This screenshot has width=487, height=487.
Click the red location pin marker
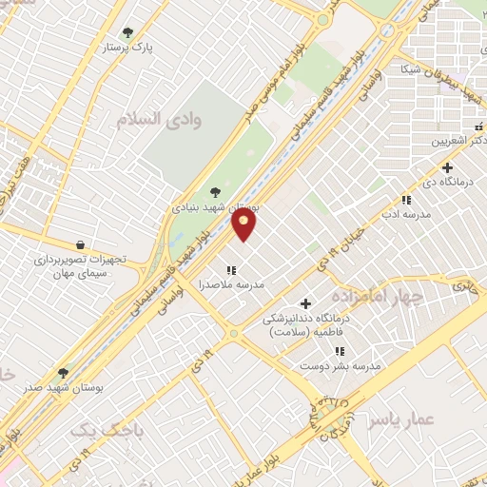click(244, 224)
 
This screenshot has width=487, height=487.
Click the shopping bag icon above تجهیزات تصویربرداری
click(79, 244)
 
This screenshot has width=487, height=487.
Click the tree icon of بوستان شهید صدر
click(64, 373)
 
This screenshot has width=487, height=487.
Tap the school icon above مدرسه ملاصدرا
click(231, 269)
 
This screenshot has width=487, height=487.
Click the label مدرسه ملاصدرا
click(231, 284)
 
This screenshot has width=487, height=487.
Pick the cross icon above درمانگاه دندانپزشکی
click(305, 303)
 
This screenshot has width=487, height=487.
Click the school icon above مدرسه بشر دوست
click(340, 352)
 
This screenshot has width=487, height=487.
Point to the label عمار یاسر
click(401, 419)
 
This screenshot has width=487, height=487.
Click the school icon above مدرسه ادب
click(406, 200)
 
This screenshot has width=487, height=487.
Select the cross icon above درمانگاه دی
click(447, 167)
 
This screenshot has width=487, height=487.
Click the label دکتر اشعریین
click(455, 141)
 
